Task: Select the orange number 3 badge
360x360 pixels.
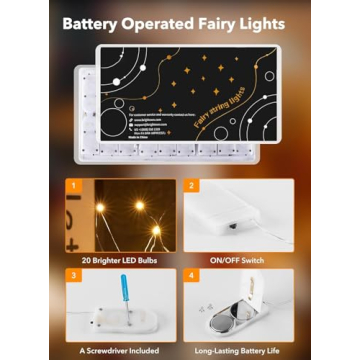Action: (71, 274)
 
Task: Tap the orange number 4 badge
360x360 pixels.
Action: (191, 274)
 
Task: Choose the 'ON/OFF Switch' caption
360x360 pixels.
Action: (237, 258)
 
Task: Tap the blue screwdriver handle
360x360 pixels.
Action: (124, 291)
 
